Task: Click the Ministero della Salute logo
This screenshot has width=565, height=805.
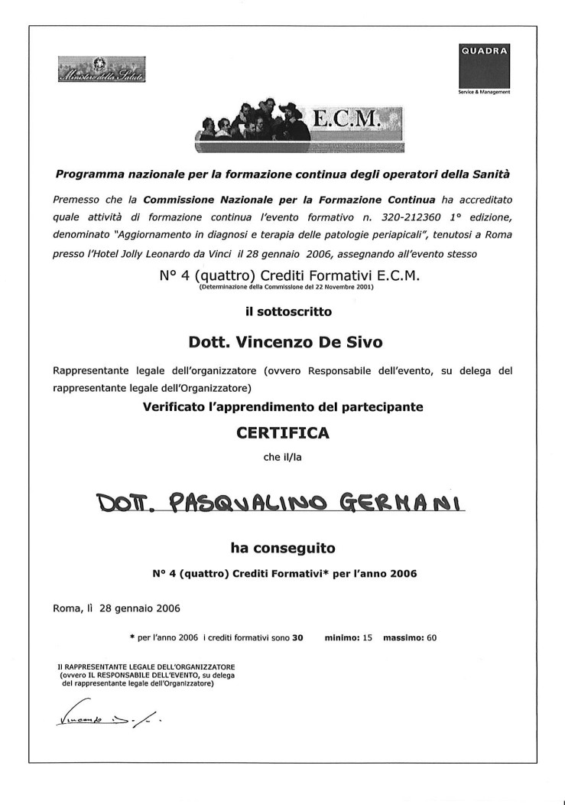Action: [x=102, y=71]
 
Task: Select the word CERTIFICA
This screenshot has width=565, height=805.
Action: [x=282, y=433]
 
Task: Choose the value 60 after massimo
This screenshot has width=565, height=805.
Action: [x=431, y=637]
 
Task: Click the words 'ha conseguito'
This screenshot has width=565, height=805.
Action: [x=282, y=548]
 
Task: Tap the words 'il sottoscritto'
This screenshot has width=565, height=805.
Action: [x=282, y=311]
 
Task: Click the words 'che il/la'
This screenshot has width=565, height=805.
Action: [x=282, y=457]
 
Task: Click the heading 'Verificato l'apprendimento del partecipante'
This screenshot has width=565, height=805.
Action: [x=282, y=407]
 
